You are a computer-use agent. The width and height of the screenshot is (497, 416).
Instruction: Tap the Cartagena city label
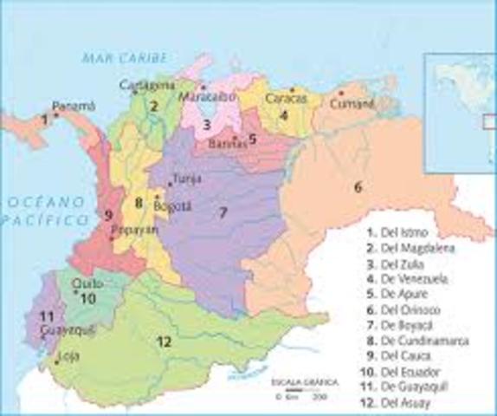[147, 85]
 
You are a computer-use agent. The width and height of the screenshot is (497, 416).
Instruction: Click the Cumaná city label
[353, 102]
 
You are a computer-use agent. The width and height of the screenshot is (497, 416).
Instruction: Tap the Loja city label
[66, 356]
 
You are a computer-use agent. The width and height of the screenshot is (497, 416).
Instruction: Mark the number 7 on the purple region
[223, 212]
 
